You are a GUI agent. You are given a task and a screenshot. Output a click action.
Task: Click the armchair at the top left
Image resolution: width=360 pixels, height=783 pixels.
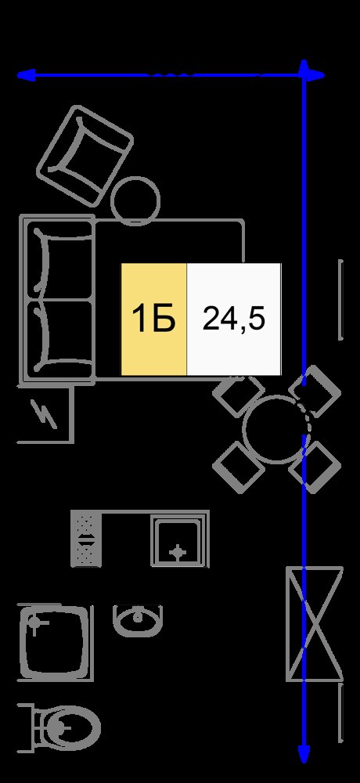coord(85,155)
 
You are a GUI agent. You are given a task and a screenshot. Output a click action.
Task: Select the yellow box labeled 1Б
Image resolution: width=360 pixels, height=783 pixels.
coord(154,319)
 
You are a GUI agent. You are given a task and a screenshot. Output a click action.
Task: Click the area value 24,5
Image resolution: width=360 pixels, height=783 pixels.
coord(234,319)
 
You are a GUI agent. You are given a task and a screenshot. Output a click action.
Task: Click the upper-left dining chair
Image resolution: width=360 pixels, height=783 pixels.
coord(239,396)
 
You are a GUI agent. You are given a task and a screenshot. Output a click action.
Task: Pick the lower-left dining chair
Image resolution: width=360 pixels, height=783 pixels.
coord(239,467)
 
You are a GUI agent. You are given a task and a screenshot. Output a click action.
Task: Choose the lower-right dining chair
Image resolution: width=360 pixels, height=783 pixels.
coord(315,467)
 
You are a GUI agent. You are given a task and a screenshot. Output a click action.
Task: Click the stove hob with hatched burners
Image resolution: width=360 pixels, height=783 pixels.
coord(86,539)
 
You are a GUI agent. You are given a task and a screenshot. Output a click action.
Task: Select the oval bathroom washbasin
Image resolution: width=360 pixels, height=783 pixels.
coord(138,621)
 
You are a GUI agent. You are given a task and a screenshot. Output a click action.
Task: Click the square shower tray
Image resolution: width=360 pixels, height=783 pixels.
coord(54,640)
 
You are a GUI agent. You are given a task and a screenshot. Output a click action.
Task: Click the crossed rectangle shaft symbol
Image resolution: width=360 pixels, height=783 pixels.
coord(314,623)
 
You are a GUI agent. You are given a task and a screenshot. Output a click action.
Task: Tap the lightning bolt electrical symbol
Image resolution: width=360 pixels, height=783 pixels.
coord(45,414)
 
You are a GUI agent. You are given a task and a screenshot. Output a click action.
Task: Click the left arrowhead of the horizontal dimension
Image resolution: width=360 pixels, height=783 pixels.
coord(26,75)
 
